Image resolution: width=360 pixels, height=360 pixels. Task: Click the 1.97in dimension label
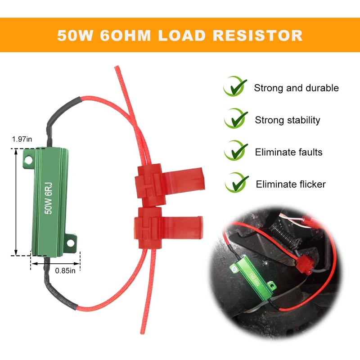(22, 139)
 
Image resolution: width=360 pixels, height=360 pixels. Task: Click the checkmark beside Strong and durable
(235, 86)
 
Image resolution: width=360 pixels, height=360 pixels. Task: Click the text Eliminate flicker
(291, 184)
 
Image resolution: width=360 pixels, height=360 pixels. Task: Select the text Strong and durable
(296, 88)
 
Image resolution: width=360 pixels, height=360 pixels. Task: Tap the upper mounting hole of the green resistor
(28, 159)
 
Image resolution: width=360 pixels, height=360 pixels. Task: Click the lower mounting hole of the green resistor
(70, 243)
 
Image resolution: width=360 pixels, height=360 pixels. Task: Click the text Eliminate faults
(288, 152)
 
